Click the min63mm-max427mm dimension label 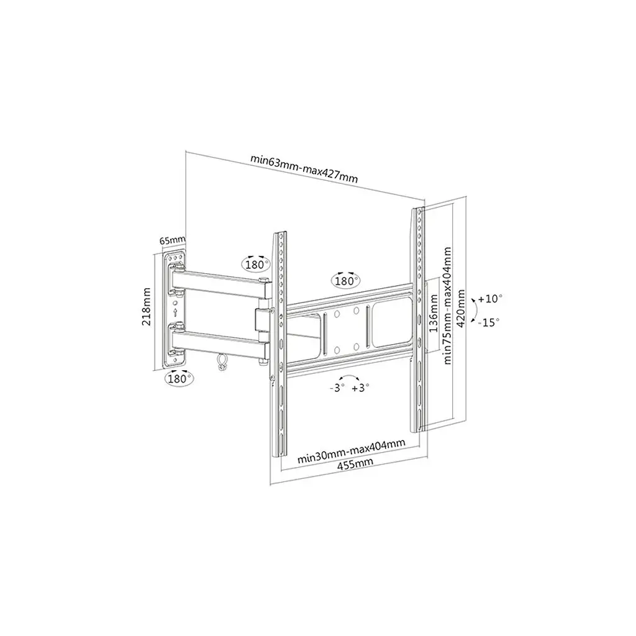pyautogui.click(x=304, y=168)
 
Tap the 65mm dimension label pyautogui.click(x=172, y=240)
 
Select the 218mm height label pyautogui.click(x=147, y=306)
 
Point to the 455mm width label pyautogui.click(x=355, y=463)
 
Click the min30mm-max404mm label pyautogui.click(x=352, y=451)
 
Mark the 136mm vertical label pyautogui.click(x=433, y=313)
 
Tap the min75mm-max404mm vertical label pyautogui.click(x=447, y=306)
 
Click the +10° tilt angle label pyautogui.click(x=490, y=299)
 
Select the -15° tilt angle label pyautogui.click(x=489, y=322)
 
